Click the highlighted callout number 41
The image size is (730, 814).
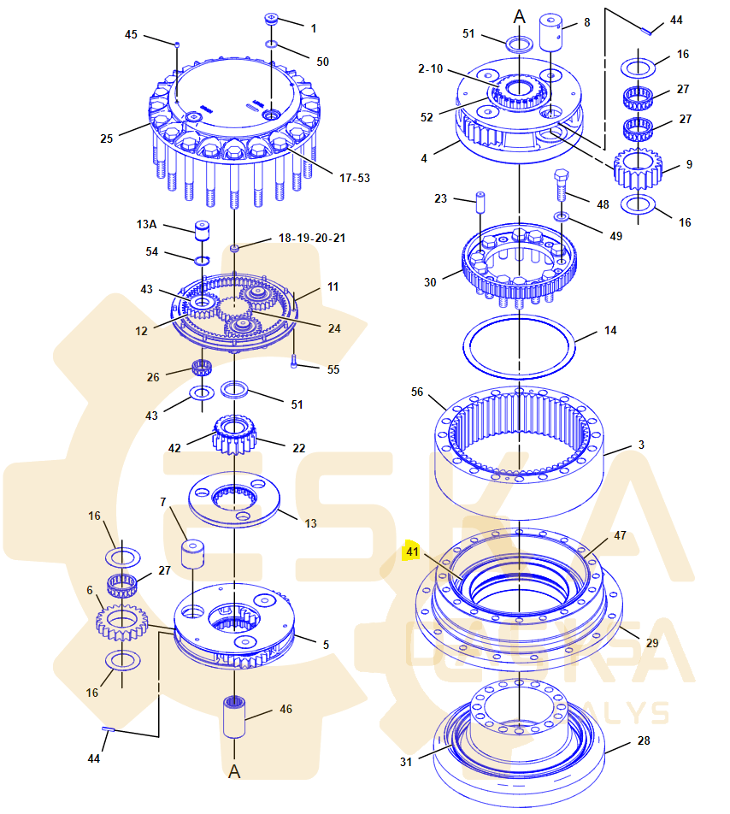[x=413, y=552]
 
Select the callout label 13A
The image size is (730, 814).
[x=147, y=224]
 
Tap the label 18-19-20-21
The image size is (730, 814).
[x=312, y=238]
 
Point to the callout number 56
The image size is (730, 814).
[x=417, y=392]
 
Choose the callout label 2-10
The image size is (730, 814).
[x=430, y=68]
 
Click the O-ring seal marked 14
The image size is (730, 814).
[x=518, y=345]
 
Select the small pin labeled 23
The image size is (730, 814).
[x=480, y=203]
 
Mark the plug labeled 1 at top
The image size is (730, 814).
[x=272, y=19]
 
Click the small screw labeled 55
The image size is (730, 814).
[x=295, y=363]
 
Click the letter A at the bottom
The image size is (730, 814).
[x=234, y=771]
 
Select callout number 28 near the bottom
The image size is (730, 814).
[x=644, y=740]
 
